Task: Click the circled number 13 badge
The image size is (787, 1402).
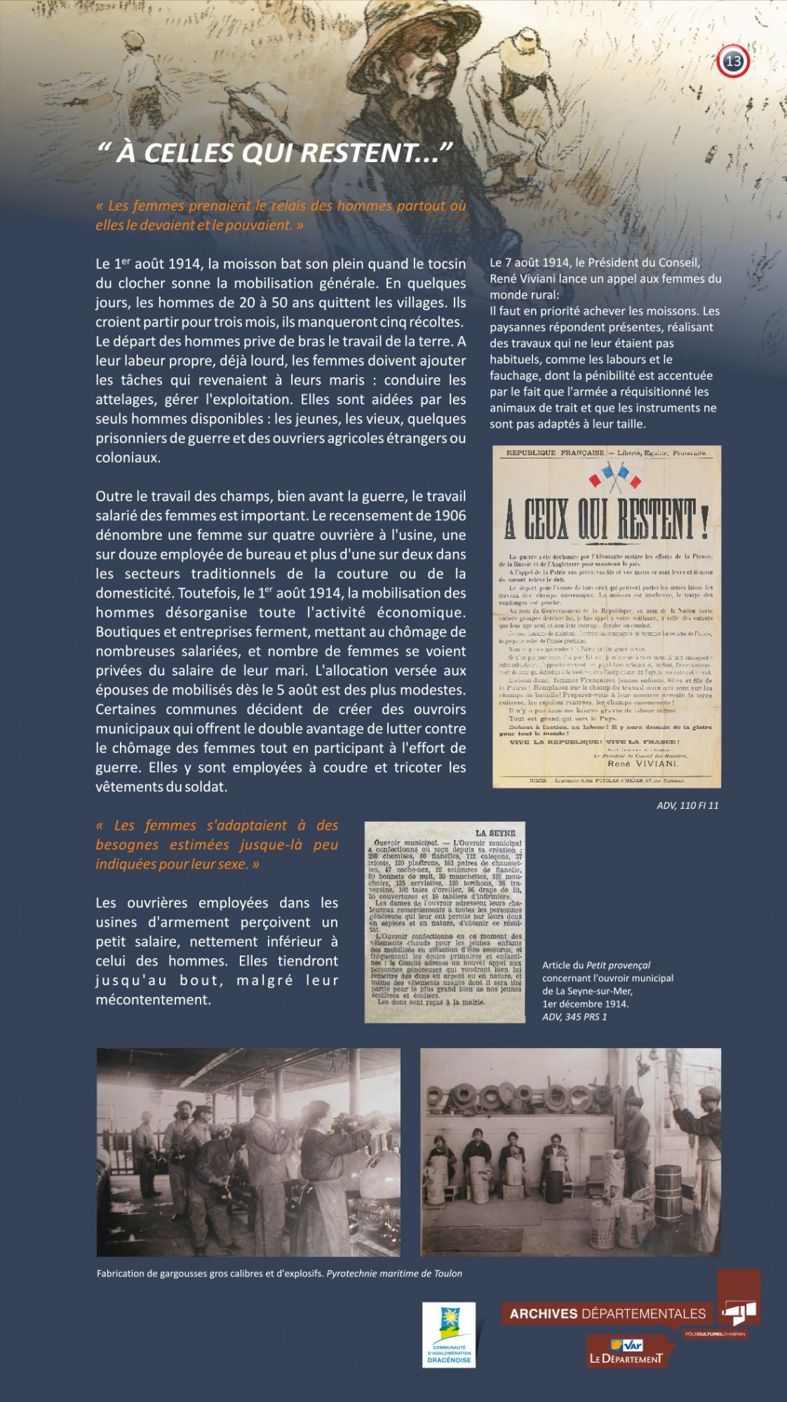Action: [734, 62]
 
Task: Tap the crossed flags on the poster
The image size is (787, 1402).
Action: [615, 477]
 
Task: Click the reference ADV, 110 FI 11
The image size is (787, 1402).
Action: [687, 805]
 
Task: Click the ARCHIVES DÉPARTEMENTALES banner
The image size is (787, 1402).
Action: [607, 1313]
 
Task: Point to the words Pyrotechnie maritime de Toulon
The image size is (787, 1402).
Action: [394, 1273]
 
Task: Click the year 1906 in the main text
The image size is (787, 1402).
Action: [450, 516]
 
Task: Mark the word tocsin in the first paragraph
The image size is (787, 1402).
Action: [446, 264]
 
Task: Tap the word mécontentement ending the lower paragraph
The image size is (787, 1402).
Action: [153, 1000]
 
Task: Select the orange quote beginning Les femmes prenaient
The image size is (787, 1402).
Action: [281, 215]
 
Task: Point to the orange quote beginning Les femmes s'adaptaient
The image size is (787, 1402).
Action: [217, 845]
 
